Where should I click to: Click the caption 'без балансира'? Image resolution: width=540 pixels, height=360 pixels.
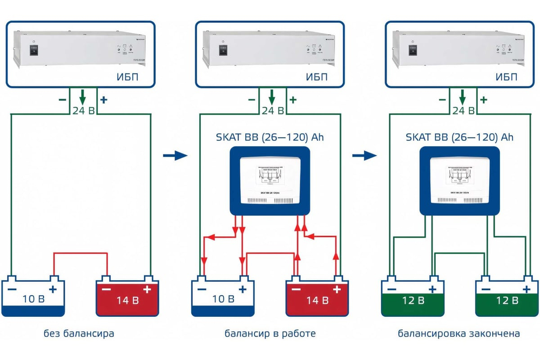pyautogui.click(x=79, y=334)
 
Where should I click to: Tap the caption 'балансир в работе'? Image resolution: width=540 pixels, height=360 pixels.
pyautogui.click(x=270, y=334)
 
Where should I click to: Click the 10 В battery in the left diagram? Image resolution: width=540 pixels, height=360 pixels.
pyautogui.click(x=33, y=297)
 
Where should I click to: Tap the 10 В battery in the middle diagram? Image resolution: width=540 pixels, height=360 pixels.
pyautogui.click(x=224, y=297)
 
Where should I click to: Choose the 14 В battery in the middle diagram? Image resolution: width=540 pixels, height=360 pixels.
pyautogui.click(x=317, y=297)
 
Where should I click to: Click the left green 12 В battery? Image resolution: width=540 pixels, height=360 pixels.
pyautogui.click(x=413, y=298)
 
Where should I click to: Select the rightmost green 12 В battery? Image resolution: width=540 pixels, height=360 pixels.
pyautogui.click(x=507, y=298)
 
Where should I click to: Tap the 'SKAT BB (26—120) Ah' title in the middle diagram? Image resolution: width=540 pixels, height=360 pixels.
pyautogui.click(x=270, y=137)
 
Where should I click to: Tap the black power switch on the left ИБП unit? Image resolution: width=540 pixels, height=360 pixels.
pyautogui.click(x=33, y=50)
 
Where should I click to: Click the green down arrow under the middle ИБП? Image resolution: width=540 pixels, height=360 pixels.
pyautogui.click(x=272, y=98)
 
